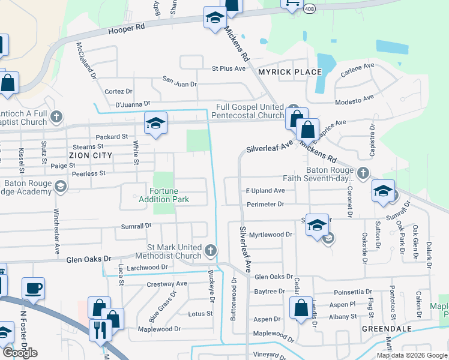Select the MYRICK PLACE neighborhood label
tap(289, 72)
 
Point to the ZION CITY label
tap(90, 155)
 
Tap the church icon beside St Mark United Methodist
tap(210, 250)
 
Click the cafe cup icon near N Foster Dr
tap(33, 288)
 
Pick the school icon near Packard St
tap(155, 124)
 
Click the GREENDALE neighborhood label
tap(386, 329)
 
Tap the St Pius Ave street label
tap(228, 68)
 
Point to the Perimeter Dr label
tap(265, 205)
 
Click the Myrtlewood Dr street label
tap(270, 235)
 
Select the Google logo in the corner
tap(20, 353)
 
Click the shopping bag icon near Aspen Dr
tap(300, 309)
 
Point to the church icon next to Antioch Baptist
tap(56, 116)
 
